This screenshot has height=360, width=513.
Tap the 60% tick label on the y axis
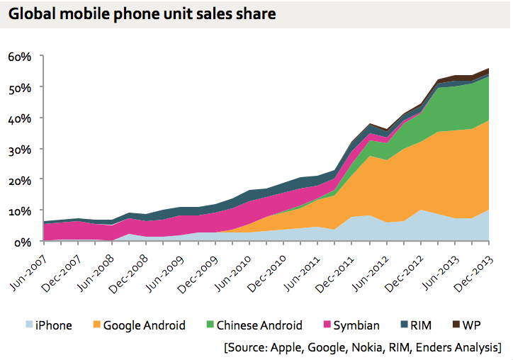click(21, 56)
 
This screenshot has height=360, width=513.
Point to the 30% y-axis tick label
click(21, 149)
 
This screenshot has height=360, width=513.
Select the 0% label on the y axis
click(23, 242)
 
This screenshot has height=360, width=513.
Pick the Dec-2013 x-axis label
click(471, 267)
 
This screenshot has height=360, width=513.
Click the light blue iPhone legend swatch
click(28, 325)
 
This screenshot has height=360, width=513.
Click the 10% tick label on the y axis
click(21, 210)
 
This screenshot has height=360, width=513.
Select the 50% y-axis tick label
click(21, 87)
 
